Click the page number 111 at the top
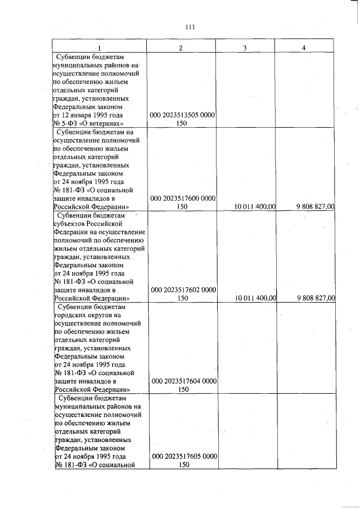coord(190,26)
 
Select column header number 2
coord(181,48)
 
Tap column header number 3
coord(245,48)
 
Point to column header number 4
coord(303,48)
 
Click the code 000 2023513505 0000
coord(183,115)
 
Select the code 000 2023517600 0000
coord(183,198)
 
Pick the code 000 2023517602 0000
coord(183,290)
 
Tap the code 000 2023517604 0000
coord(183,381)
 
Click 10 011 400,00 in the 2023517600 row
coord(255,207)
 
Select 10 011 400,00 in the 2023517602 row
coord(255,299)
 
